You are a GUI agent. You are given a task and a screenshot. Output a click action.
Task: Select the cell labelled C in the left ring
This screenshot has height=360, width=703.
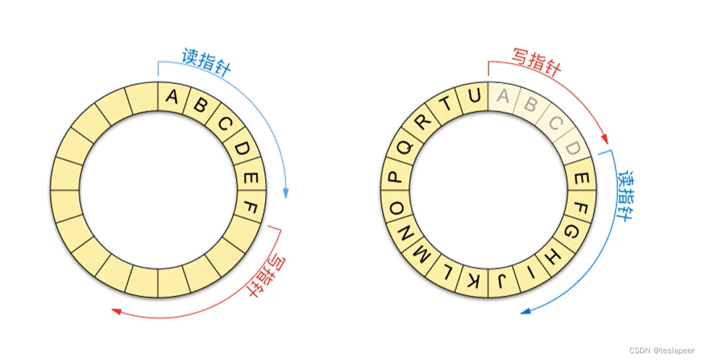(x=223, y=123)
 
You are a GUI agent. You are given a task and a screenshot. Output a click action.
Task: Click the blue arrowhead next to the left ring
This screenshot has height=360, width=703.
(x=286, y=194)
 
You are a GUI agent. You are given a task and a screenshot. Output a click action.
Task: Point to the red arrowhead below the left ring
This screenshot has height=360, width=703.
(x=116, y=311)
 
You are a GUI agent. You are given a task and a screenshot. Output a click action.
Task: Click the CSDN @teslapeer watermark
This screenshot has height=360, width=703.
(x=662, y=351)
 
